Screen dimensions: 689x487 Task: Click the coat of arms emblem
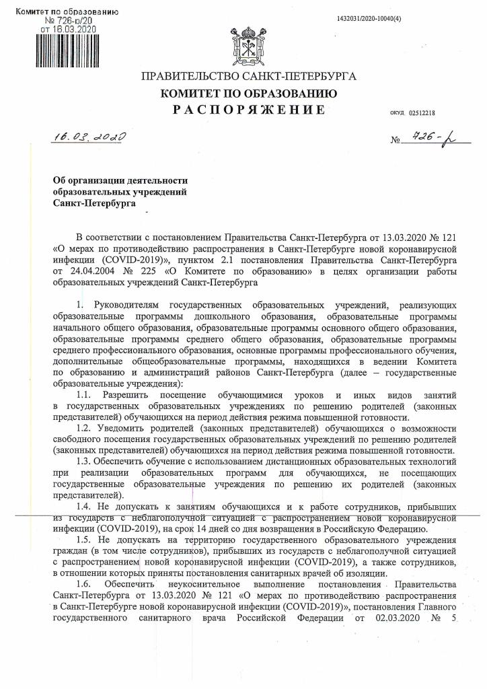(243, 44)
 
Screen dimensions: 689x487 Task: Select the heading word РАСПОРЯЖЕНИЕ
(244, 110)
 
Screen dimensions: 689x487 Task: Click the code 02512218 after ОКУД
(422, 113)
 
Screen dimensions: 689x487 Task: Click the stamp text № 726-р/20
(69, 22)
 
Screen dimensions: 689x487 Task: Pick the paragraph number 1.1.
(85, 392)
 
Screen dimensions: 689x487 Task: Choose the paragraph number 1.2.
(85, 427)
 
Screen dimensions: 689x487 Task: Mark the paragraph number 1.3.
(85, 461)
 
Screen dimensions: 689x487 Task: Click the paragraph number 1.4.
(85, 505)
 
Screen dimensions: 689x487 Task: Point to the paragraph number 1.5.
(85, 540)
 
